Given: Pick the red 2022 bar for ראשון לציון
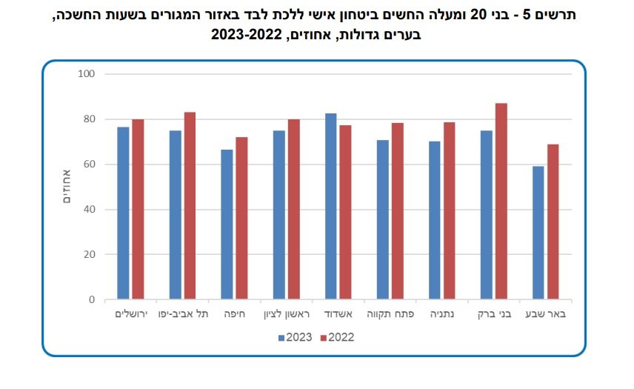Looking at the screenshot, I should (293, 210).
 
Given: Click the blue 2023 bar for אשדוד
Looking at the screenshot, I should (330, 207).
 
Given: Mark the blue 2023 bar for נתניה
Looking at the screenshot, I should (434, 220).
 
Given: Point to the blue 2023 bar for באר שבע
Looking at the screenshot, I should (538, 233).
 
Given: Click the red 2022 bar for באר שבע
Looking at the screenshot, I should (553, 222).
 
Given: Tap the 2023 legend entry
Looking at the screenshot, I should (296, 337).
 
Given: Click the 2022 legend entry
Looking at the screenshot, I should (338, 337).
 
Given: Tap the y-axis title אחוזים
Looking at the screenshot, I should (65, 187).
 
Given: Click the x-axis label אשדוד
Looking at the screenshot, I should (338, 314).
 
